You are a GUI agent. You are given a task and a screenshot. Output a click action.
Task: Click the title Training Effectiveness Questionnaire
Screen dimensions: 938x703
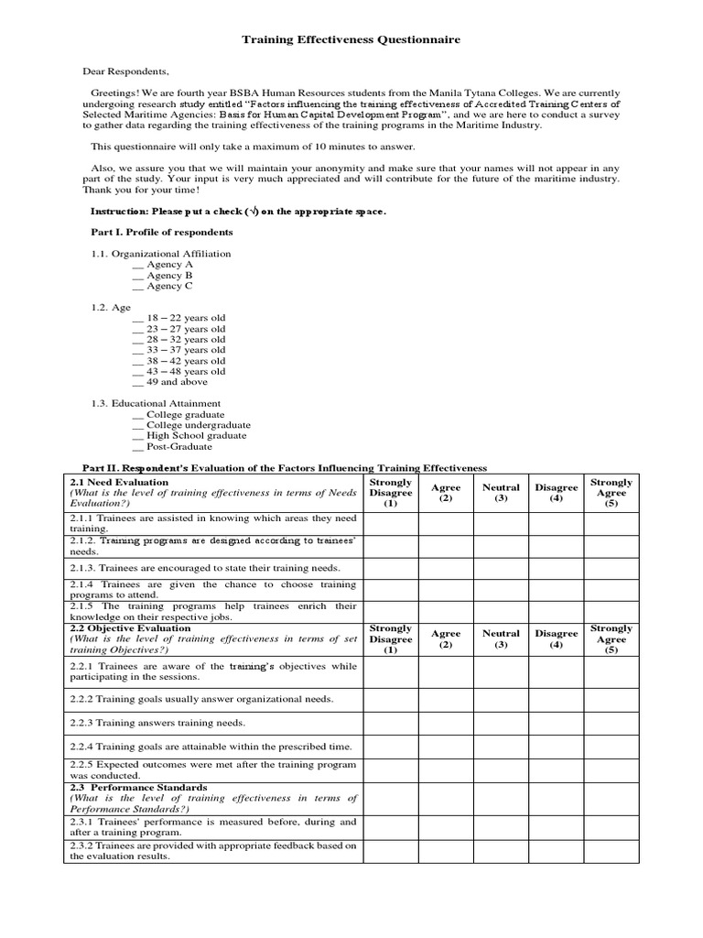point(351,41)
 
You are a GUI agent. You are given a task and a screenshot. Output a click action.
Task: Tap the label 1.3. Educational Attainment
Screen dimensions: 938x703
point(155,403)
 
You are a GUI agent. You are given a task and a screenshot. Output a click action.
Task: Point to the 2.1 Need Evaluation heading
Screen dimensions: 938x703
point(120,482)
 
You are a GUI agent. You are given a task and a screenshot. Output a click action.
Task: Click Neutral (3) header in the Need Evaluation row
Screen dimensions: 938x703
point(501,493)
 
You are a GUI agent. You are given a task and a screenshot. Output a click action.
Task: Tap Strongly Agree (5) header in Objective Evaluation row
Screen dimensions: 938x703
point(611,639)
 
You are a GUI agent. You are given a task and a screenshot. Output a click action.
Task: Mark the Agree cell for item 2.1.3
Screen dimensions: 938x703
point(446,568)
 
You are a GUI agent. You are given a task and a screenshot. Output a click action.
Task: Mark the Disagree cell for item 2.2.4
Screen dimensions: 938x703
point(556,747)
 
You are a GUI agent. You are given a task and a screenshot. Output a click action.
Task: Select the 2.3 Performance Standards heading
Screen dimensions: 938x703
point(138,788)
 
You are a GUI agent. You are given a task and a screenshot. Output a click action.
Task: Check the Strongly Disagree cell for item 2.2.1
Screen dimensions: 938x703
point(391,672)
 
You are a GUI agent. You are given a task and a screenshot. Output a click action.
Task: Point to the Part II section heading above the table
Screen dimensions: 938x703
point(285,467)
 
